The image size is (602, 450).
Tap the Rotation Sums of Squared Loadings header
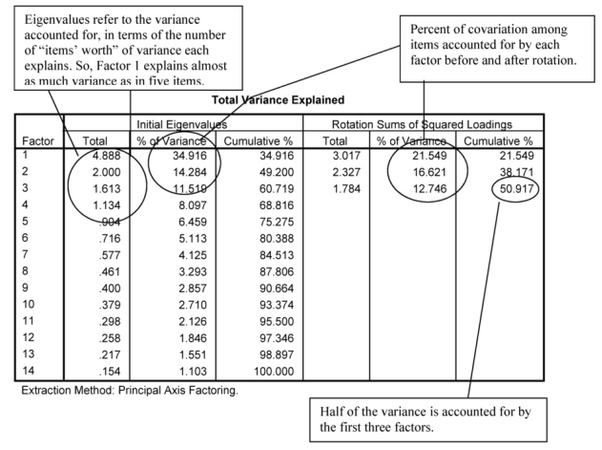coord(424,122)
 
